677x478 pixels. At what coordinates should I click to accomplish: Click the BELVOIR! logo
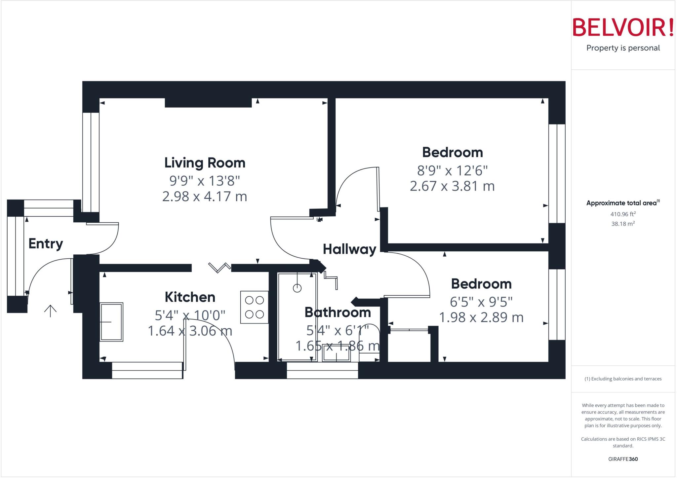tap(623, 27)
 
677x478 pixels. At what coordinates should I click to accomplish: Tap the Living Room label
tap(205, 163)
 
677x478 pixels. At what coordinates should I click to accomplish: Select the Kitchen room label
tap(190, 297)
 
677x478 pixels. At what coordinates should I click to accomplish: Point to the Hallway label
tap(349, 249)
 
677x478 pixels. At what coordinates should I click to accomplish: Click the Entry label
tap(46, 244)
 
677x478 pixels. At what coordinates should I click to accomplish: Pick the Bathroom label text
tap(338, 313)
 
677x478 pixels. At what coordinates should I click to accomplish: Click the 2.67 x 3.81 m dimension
tap(452, 186)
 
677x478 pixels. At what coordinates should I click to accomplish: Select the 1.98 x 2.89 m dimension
tap(481, 317)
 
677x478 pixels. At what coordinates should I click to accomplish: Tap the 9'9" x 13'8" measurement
tap(205, 181)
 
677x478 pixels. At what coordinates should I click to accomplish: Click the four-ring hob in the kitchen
tap(254, 307)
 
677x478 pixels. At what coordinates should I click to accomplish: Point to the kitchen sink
tap(111, 322)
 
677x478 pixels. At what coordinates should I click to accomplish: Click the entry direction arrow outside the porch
tap(50, 311)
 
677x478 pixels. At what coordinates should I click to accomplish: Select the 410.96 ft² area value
tap(623, 214)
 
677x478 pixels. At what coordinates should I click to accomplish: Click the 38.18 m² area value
tap(623, 224)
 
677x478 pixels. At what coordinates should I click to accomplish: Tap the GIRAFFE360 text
tap(623, 459)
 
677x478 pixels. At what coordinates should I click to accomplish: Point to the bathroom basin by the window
tap(336, 356)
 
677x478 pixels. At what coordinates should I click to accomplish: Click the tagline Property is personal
tap(623, 48)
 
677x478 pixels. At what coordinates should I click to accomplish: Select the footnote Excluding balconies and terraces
tap(623, 379)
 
